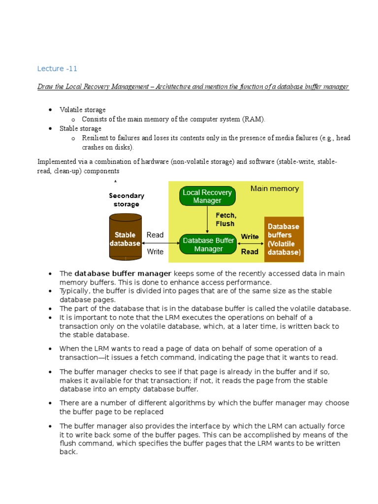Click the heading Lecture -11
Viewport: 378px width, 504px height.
point(57,68)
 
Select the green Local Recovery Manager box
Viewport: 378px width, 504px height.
point(207,196)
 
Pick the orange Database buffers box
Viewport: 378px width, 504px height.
point(284,239)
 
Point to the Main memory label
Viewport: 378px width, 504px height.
point(274,189)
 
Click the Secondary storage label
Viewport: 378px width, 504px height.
point(126,199)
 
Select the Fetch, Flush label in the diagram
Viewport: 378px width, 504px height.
point(225,220)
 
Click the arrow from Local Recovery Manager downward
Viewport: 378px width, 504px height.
point(207,220)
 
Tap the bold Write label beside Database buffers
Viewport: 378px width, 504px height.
point(250,237)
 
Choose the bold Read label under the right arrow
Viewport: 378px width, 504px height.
point(250,252)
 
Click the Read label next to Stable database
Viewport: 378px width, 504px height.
point(155,235)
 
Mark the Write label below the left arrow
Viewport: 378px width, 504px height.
point(155,252)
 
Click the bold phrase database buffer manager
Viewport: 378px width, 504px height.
point(123,273)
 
